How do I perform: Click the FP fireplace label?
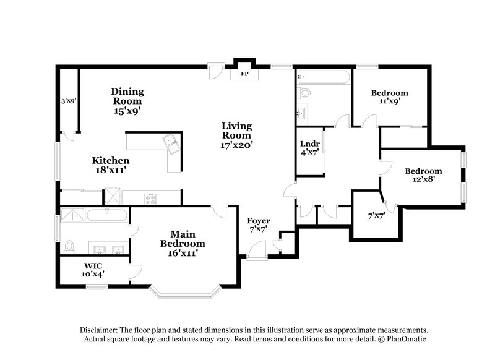244,74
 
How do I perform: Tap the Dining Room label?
127,101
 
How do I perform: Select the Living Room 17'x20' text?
237,135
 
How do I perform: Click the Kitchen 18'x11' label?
111,165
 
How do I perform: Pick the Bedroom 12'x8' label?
423,175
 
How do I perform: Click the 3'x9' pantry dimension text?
68,100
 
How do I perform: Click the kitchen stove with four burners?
150,198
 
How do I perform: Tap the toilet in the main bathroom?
69,246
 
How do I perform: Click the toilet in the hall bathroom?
303,93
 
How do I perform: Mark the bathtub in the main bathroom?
106,215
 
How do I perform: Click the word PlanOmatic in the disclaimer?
408,340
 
